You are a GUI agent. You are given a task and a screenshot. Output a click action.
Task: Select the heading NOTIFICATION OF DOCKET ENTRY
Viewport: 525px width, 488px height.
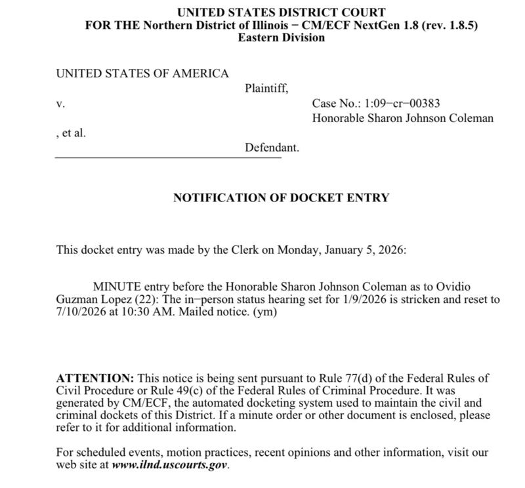281,197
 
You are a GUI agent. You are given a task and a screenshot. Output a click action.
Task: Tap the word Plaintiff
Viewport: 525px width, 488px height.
266,88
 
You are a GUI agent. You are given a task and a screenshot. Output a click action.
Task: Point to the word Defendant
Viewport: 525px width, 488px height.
272,148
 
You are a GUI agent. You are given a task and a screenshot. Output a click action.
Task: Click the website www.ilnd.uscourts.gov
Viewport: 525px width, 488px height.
169,466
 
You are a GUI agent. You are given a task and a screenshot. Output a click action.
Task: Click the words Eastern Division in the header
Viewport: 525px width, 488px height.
281,38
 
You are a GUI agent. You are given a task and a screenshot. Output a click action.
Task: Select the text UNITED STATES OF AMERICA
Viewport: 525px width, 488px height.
142,73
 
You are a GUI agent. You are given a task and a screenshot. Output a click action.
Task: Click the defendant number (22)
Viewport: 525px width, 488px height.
146,300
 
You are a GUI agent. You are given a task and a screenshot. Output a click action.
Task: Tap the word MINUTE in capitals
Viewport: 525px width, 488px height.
117,287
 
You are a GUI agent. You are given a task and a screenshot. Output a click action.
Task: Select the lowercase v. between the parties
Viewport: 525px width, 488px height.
60,104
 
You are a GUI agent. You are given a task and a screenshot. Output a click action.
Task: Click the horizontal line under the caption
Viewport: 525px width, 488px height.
167,157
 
